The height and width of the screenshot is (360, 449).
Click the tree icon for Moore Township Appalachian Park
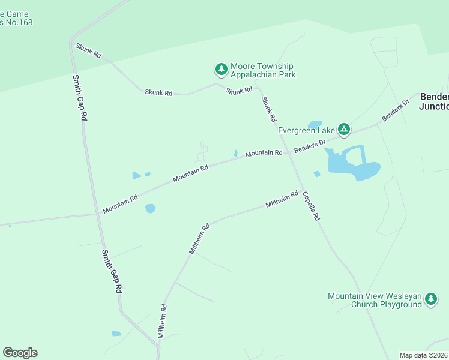tap(221, 70)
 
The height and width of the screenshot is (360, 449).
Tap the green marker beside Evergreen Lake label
tap(344, 128)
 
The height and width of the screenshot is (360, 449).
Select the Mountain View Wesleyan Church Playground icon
tap(430, 299)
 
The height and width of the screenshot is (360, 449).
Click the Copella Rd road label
tap(310, 206)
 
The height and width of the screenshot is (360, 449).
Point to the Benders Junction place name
tap(434, 101)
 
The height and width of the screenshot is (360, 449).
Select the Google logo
tap(20, 353)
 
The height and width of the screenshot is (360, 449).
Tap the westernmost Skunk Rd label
tap(88, 50)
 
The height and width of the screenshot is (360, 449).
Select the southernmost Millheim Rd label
tap(162, 322)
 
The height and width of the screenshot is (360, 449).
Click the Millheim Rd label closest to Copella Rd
tap(282, 200)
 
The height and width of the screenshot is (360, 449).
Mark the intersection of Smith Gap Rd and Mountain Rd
tap(98, 214)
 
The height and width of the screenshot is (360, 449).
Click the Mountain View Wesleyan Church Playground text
tap(375, 300)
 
